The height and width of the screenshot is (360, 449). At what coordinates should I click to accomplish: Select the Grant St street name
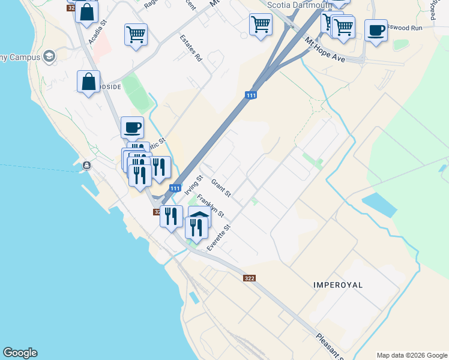point(221,187)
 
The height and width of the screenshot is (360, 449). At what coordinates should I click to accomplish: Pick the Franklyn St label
point(210,205)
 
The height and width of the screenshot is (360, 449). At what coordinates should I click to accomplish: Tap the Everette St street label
point(219,238)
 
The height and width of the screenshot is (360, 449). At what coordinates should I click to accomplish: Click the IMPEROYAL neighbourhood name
point(339,285)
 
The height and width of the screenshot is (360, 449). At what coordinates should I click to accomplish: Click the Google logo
point(20,353)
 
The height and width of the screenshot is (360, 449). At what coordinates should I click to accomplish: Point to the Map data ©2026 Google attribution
point(411,355)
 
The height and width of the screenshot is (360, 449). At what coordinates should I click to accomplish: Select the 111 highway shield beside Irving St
point(175,188)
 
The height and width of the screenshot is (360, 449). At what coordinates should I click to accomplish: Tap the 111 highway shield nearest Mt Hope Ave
point(252,95)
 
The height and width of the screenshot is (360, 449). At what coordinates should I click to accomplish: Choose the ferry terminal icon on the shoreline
point(87,165)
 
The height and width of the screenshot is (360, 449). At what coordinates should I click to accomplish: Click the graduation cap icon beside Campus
point(49,56)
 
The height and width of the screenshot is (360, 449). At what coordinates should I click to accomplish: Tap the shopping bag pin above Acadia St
point(87,12)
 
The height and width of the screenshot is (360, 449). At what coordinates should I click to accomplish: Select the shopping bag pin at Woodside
point(88,82)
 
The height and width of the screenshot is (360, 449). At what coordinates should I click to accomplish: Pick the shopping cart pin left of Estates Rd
point(136,34)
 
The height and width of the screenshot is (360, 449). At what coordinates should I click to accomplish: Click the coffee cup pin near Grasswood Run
point(376,31)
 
